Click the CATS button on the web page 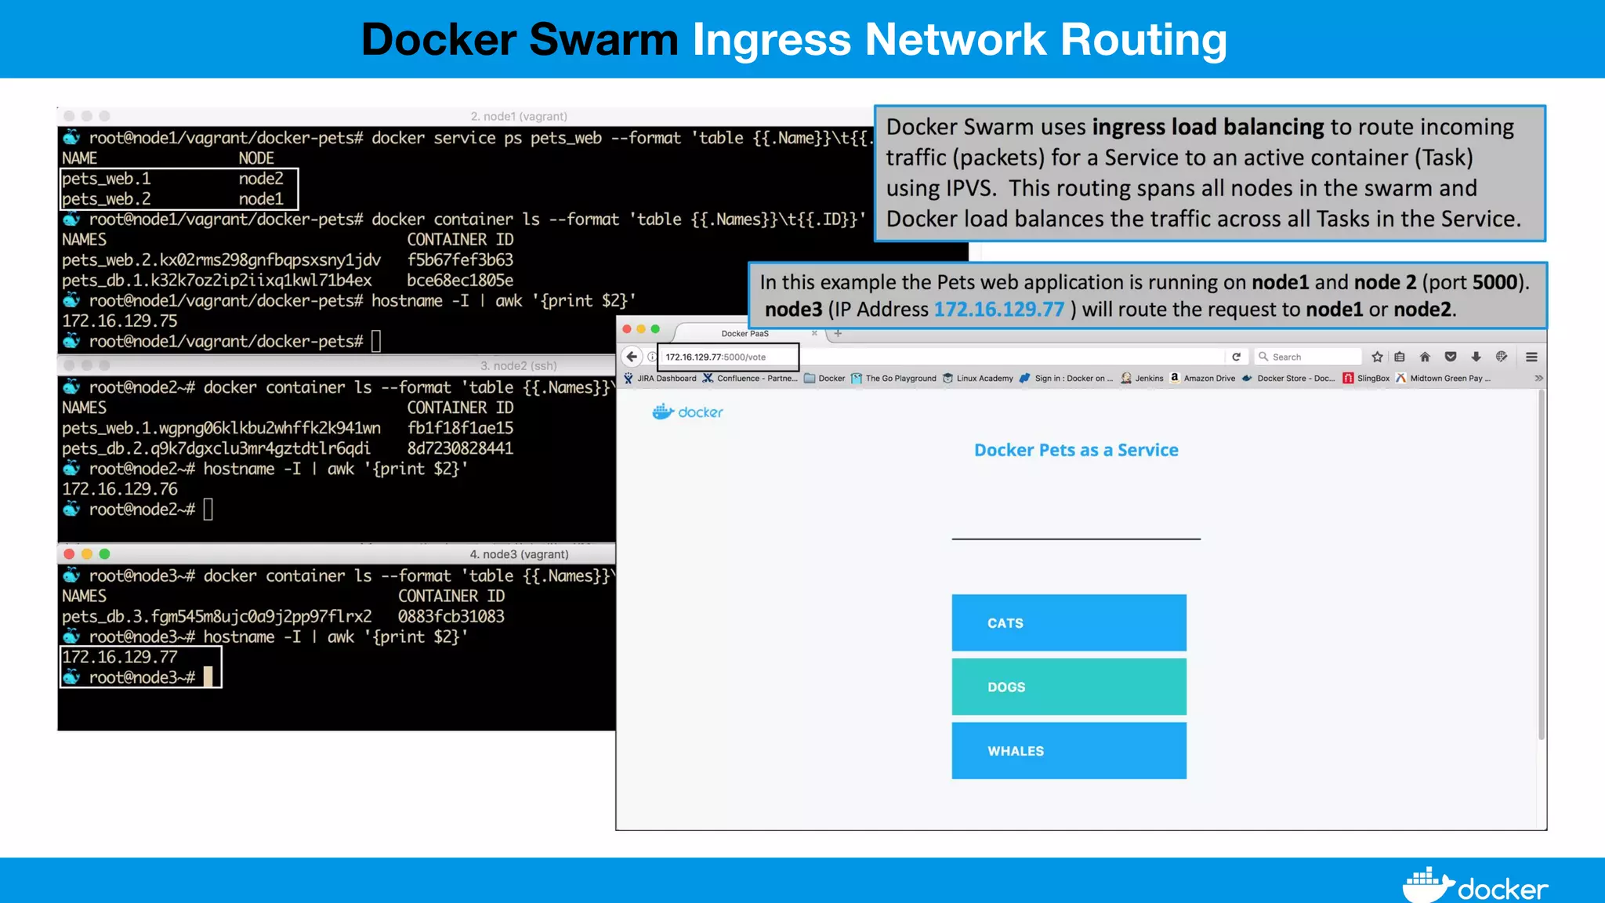pyautogui.click(x=1068, y=623)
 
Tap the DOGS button pyautogui.click(x=1068, y=687)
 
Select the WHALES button pyautogui.click(x=1068, y=751)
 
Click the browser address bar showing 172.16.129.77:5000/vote pyautogui.click(x=727, y=357)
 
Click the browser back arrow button pyautogui.click(x=632, y=357)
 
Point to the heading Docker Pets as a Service pyautogui.click(x=1076, y=450)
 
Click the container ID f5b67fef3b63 pyautogui.click(x=460, y=260)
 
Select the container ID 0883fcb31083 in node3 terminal pyautogui.click(x=451, y=617)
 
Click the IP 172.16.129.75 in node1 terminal pyautogui.click(x=120, y=321)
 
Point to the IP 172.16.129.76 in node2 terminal pyautogui.click(x=120, y=489)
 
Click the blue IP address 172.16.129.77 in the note pyautogui.click(x=999, y=310)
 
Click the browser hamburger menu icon pyautogui.click(x=1531, y=357)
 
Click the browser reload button pyautogui.click(x=1237, y=357)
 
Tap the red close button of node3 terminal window pyautogui.click(x=69, y=554)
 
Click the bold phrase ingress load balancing pyautogui.click(x=1208, y=127)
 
